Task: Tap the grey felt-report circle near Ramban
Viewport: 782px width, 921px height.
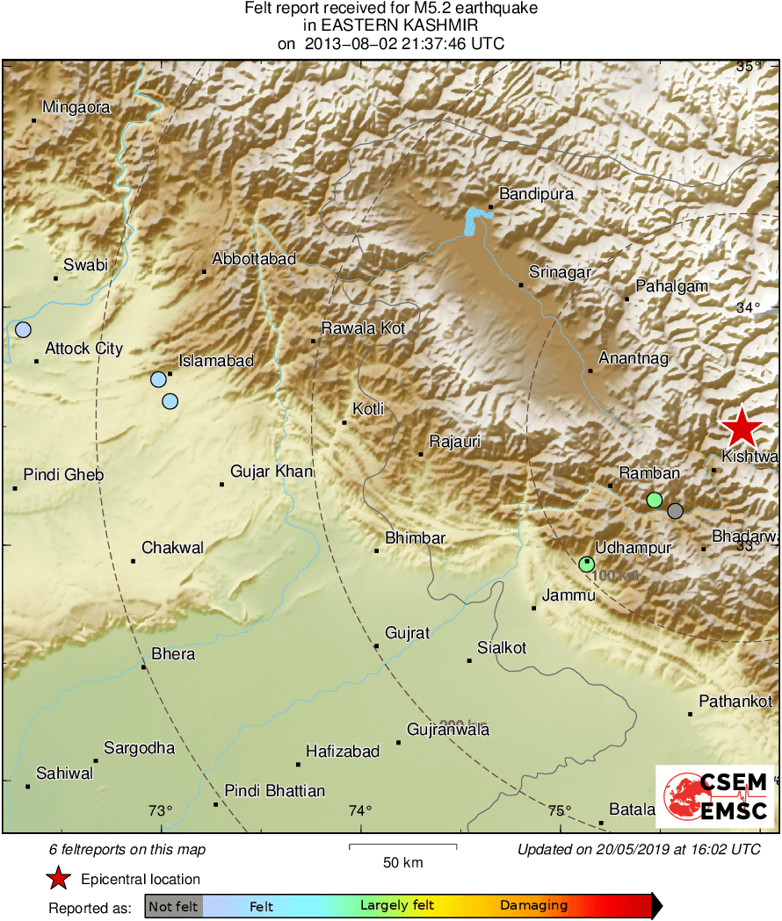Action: pyautogui.click(x=675, y=510)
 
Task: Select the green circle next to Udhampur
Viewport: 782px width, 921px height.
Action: pyautogui.click(x=587, y=565)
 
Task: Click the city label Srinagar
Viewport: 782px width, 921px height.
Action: pyautogui.click(x=560, y=273)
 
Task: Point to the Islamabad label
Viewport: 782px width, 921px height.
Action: pyautogui.click(x=215, y=361)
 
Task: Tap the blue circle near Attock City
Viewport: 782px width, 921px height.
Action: pyautogui.click(x=23, y=330)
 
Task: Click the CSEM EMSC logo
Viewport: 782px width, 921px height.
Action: pyautogui.click(x=714, y=796)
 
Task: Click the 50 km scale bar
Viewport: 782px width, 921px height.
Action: pyautogui.click(x=402, y=846)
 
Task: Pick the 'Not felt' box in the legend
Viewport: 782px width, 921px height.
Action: pyautogui.click(x=173, y=906)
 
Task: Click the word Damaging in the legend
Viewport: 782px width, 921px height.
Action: pyautogui.click(x=533, y=906)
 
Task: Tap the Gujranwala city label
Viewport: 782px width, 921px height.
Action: pyautogui.click(x=448, y=730)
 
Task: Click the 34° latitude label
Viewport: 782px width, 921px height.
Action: pyautogui.click(x=748, y=307)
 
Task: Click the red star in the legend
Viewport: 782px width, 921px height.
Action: pyautogui.click(x=58, y=879)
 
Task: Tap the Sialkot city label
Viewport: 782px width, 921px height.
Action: pyautogui.click(x=501, y=648)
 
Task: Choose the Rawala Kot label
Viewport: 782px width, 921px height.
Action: pyautogui.click(x=363, y=328)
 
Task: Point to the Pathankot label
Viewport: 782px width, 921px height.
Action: pyautogui.click(x=735, y=701)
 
